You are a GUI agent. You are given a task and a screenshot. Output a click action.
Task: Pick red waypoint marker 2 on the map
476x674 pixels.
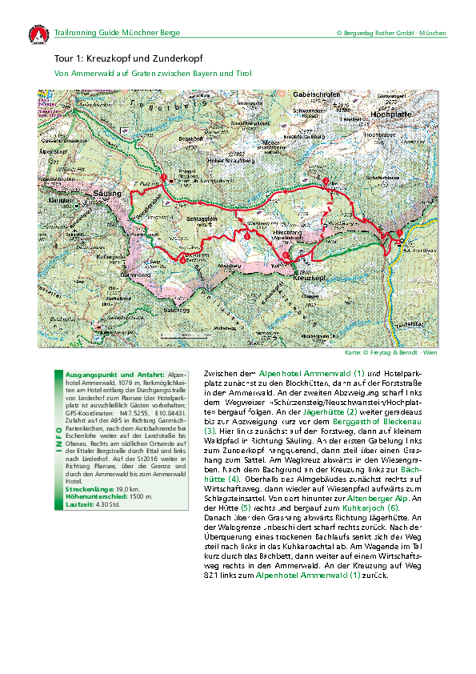click(x=325, y=180)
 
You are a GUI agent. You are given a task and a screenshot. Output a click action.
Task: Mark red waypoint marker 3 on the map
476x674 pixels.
click(x=164, y=177)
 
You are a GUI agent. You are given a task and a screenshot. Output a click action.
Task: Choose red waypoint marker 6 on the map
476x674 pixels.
click(x=286, y=255)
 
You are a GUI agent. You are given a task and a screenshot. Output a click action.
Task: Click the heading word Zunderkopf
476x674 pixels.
click(x=178, y=58)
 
